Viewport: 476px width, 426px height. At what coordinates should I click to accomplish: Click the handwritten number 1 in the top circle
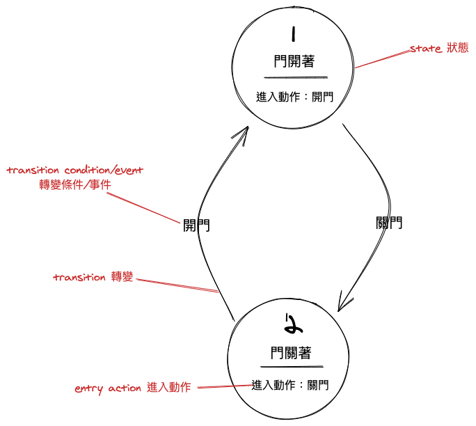(x=294, y=33)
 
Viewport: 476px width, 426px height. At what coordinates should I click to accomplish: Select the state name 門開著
(x=294, y=61)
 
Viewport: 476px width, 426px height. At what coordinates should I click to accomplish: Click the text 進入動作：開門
(x=295, y=97)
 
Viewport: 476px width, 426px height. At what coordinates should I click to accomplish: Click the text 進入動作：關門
(x=289, y=384)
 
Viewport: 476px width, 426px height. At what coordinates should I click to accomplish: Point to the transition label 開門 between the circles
(x=196, y=225)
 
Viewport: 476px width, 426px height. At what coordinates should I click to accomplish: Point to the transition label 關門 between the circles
(x=388, y=223)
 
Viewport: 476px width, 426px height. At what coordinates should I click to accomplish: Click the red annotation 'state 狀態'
(x=439, y=48)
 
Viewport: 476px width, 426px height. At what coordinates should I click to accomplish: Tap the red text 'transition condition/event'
(x=75, y=171)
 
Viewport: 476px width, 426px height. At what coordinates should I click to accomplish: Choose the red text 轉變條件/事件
(x=75, y=184)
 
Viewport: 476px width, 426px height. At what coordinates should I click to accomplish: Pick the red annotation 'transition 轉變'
(x=93, y=277)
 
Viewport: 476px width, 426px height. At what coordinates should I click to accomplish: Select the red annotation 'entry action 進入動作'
(x=132, y=388)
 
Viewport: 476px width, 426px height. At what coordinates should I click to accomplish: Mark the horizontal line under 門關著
(x=292, y=366)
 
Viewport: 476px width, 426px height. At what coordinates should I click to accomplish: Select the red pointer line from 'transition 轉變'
(x=177, y=285)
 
